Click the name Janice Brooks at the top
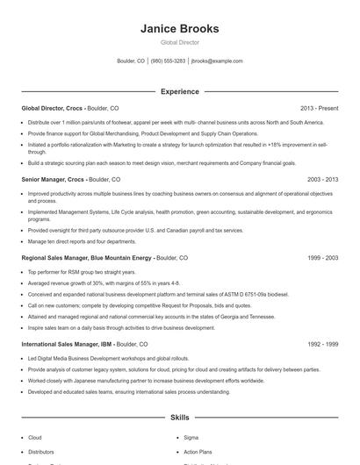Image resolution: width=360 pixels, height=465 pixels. point(179,29)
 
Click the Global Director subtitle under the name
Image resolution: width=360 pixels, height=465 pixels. point(179,42)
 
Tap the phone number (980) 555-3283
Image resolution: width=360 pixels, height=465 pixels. point(168,61)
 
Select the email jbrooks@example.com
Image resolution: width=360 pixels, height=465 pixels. point(217,61)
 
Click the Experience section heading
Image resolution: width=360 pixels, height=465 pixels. point(179,90)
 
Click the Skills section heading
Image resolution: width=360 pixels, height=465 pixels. point(179,418)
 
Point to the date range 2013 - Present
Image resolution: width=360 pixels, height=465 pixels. point(319,108)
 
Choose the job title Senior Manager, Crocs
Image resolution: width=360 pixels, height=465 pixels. point(53,179)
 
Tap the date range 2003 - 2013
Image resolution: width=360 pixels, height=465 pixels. point(320,179)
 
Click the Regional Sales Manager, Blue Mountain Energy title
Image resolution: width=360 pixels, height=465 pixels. point(87,259)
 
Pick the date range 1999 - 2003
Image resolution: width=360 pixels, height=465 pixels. point(320,259)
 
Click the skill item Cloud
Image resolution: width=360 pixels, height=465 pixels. point(35,437)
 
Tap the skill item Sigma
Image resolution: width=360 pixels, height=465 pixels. point(191,437)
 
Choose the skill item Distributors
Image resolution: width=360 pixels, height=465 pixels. point(40,451)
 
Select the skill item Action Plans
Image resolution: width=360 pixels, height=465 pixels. point(198,451)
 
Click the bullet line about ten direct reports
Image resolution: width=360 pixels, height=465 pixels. point(82,240)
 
